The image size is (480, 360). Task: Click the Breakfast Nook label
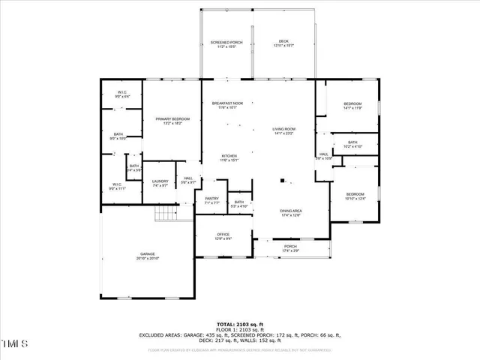[x=227, y=105]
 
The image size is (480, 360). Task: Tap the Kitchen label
[x=229, y=157]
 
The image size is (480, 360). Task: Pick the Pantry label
[x=211, y=200]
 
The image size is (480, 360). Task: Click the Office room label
[x=223, y=236]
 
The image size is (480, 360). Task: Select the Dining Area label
[x=290, y=213]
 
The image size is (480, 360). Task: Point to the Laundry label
[x=160, y=182]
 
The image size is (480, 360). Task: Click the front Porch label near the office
[x=290, y=247]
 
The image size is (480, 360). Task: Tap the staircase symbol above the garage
[x=165, y=214]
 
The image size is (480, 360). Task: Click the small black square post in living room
[x=282, y=180]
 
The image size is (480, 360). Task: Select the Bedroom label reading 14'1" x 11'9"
[x=352, y=106]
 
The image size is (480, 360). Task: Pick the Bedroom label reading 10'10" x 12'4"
[x=355, y=196]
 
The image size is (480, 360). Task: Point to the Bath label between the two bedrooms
[x=352, y=144]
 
